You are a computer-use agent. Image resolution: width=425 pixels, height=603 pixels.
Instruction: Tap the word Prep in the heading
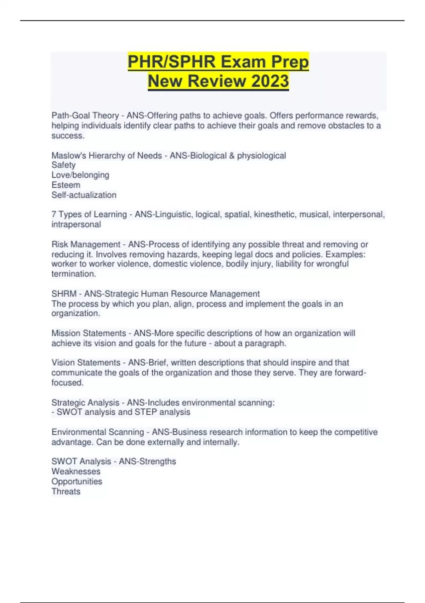click(x=290, y=62)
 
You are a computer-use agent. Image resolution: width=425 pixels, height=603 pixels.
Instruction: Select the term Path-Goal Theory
click(x=85, y=116)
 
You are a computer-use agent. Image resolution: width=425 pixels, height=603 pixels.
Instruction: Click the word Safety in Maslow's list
click(x=63, y=165)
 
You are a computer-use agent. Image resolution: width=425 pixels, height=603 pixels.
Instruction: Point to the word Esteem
click(x=66, y=185)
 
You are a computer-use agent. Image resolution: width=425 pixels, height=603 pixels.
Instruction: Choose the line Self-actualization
click(x=84, y=195)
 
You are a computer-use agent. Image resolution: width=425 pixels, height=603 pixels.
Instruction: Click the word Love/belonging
click(x=80, y=175)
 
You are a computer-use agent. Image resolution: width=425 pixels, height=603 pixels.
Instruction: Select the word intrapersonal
click(x=76, y=224)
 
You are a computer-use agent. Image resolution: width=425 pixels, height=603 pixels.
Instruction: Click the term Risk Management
click(x=86, y=244)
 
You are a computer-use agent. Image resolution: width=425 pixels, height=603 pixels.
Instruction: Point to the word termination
click(x=73, y=274)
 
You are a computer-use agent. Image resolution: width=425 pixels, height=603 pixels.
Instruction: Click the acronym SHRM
click(x=64, y=294)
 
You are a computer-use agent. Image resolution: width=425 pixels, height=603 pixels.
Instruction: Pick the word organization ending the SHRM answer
click(x=75, y=313)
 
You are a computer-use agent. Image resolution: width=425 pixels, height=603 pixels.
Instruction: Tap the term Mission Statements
click(x=89, y=333)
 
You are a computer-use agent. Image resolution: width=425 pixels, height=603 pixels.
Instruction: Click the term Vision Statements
click(x=86, y=363)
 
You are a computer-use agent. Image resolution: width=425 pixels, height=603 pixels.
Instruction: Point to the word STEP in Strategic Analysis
click(x=146, y=412)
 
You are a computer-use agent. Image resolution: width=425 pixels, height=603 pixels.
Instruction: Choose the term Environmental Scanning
click(x=97, y=432)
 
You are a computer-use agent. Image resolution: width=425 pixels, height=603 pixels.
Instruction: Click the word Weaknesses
click(x=76, y=471)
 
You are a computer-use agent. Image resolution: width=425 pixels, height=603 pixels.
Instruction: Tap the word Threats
click(x=66, y=491)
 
